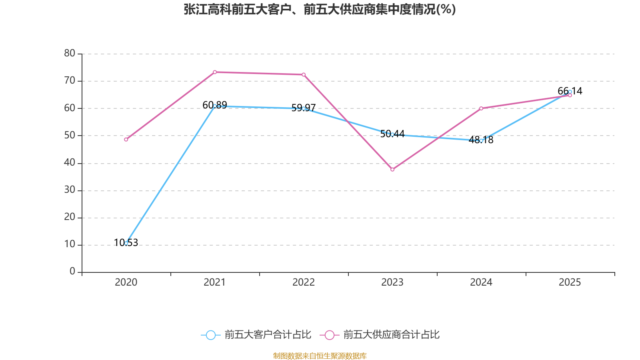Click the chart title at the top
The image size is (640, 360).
[x=320, y=10]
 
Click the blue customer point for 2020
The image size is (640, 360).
[x=126, y=243]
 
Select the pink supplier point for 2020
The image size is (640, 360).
[x=126, y=140]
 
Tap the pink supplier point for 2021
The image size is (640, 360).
[x=215, y=72]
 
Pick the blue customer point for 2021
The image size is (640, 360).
[x=215, y=106]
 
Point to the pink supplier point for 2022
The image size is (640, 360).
[x=304, y=75]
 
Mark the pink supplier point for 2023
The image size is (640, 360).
[x=392, y=170]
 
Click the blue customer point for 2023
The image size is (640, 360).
[x=392, y=134]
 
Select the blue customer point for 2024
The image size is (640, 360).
[x=481, y=141]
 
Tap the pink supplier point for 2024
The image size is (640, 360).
[x=481, y=108]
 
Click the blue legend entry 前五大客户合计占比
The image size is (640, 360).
[x=256, y=335]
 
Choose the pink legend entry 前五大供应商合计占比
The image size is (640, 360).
[x=380, y=335]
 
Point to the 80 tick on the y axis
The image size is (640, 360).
[x=70, y=53]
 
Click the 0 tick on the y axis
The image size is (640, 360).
[x=72, y=272]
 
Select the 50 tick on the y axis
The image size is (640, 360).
[x=70, y=135]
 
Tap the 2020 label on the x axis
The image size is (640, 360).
[x=126, y=282]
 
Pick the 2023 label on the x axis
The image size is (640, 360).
[x=392, y=282]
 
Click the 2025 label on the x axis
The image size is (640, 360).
[x=570, y=282]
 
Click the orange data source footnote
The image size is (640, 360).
[x=320, y=356]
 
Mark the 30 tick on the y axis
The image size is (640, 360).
[x=70, y=190]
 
